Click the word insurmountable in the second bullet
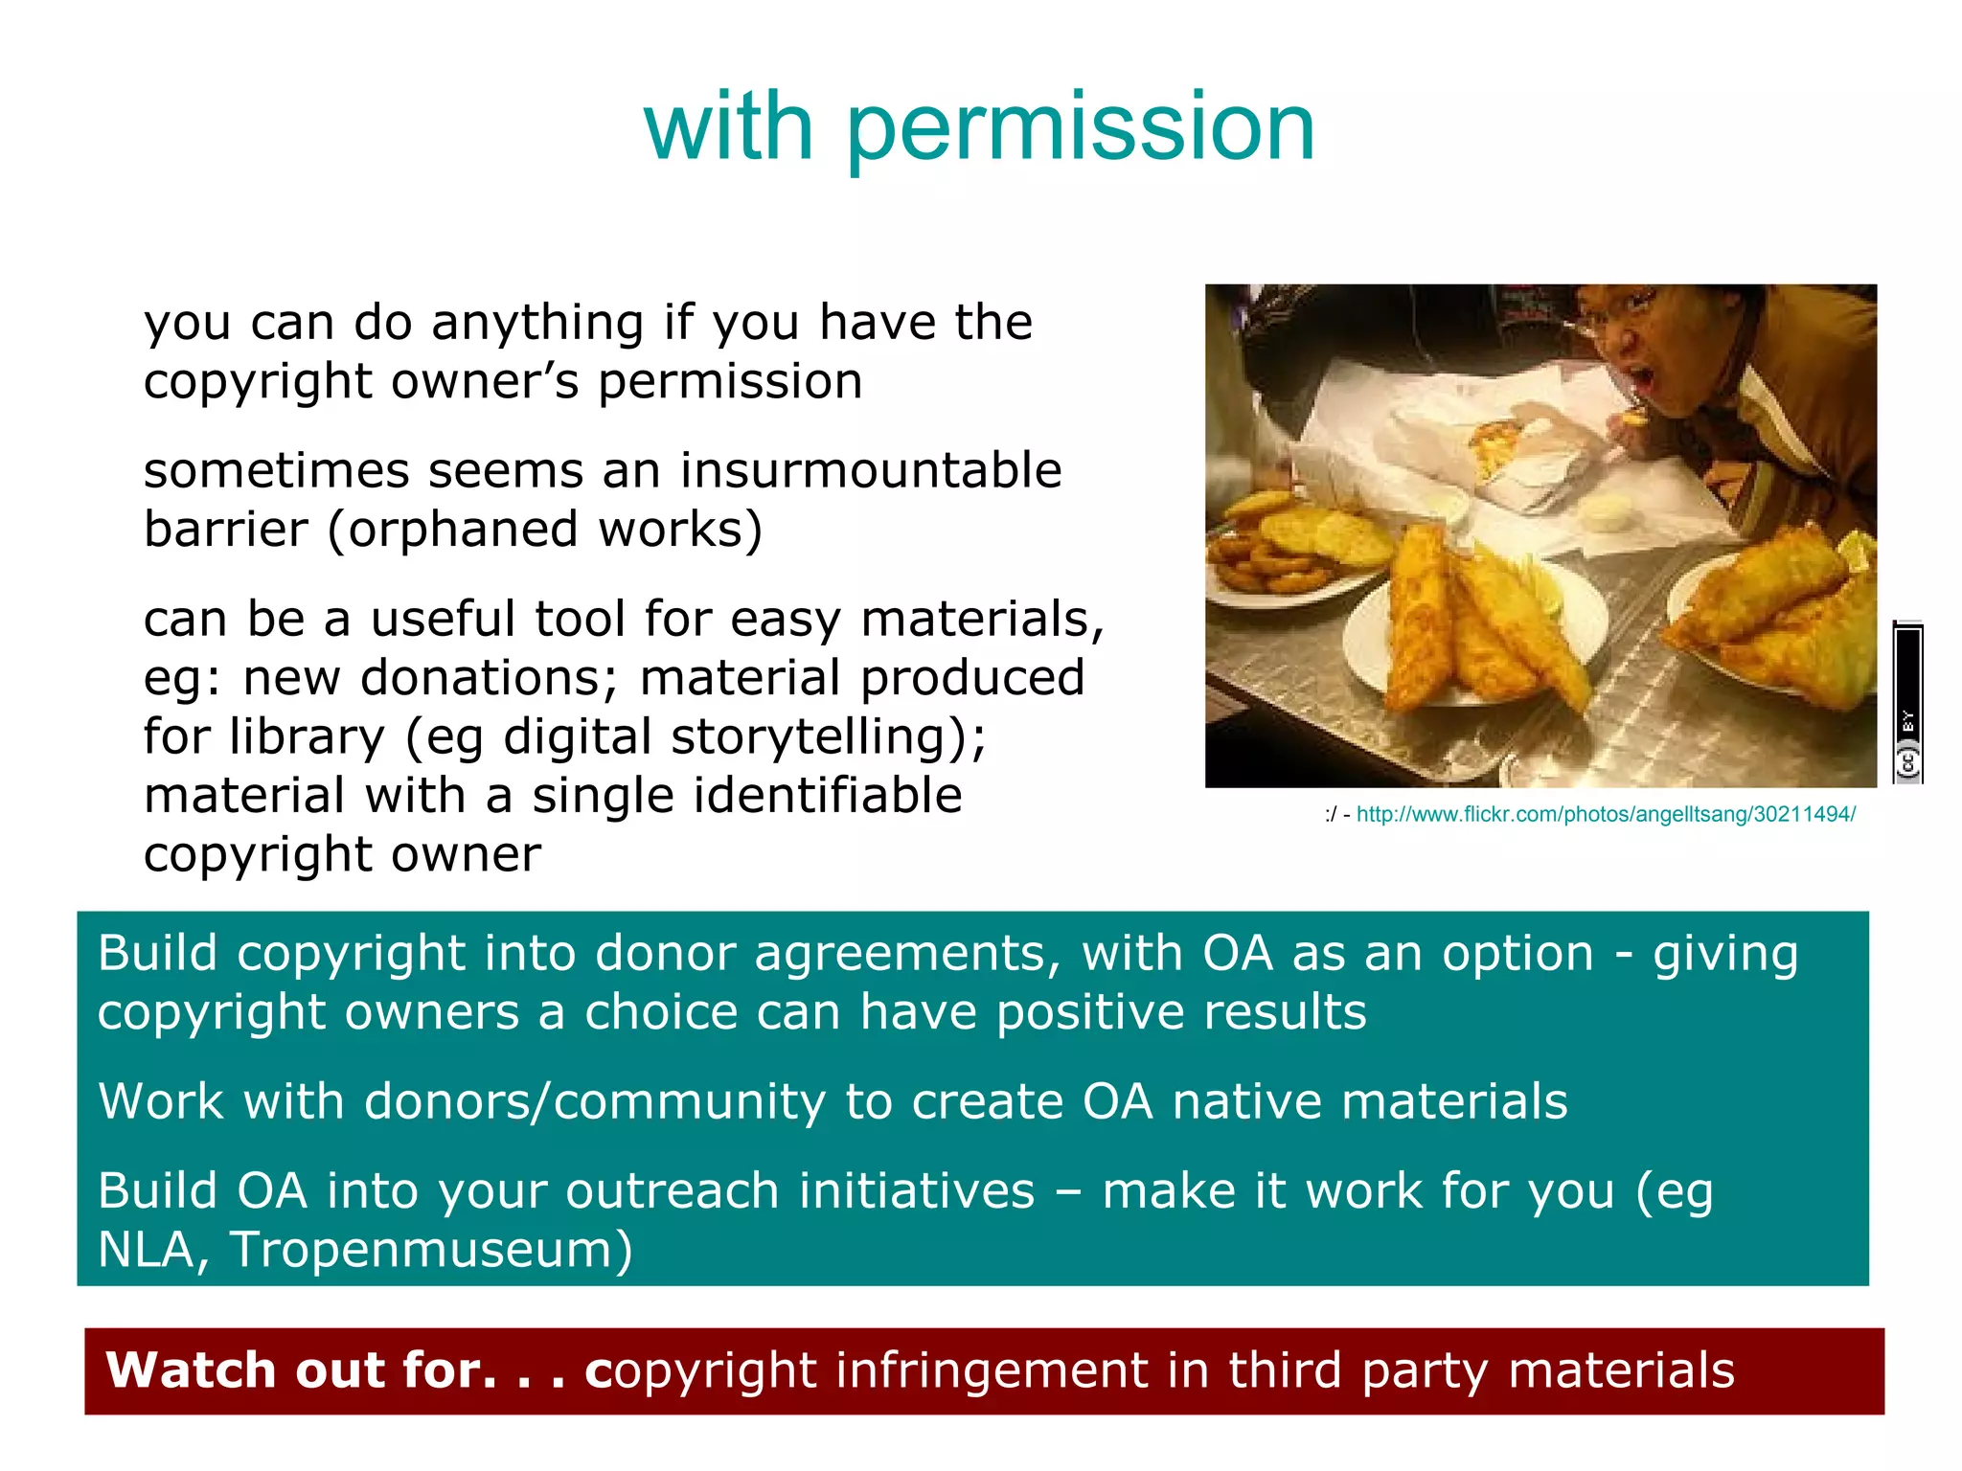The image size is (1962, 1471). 871,470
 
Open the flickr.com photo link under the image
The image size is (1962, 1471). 1606,814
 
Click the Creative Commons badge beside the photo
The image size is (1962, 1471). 1907,704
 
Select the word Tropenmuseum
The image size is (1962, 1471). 431,1249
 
